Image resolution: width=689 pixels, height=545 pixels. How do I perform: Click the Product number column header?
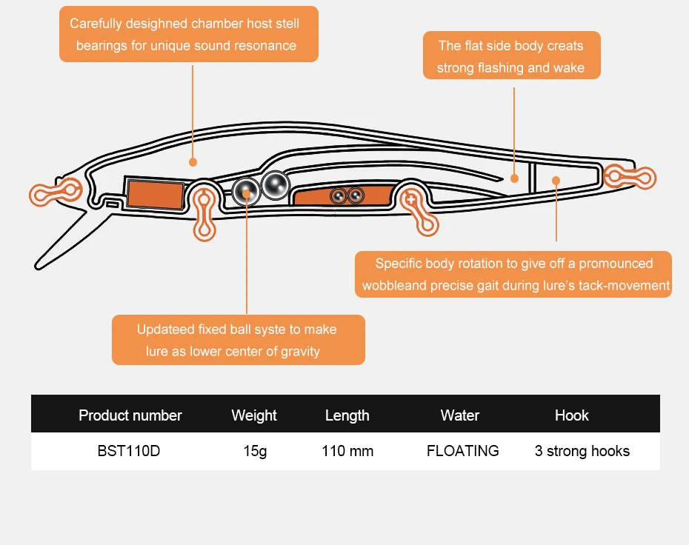click(130, 415)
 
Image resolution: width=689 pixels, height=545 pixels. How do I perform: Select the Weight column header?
click(254, 415)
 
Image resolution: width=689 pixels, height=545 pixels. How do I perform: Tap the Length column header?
click(347, 415)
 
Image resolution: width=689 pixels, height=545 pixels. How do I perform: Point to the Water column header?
click(460, 415)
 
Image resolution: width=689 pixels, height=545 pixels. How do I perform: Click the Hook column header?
click(572, 415)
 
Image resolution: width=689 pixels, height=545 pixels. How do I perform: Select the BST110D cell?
click(128, 451)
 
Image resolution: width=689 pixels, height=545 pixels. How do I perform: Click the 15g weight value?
click(255, 451)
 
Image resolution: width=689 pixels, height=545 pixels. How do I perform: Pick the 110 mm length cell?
click(347, 451)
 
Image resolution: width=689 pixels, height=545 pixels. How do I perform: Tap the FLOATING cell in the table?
click(463, 451)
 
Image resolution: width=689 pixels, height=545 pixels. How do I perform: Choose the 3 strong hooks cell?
click(582, 451)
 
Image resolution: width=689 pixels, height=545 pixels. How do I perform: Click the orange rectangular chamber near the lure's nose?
click(154, 195)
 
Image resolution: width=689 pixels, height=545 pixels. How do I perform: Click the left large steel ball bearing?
click(245, 192)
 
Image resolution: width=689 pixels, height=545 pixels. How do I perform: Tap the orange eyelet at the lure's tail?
click(630, 176)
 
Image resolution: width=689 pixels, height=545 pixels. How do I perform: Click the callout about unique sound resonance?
click(189, 34)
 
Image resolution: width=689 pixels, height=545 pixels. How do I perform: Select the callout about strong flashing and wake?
click(511, 56)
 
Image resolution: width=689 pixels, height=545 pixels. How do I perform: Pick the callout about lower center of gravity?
click(238, 340)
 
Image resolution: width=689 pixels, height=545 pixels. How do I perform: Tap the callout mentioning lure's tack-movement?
click(513, 274)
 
